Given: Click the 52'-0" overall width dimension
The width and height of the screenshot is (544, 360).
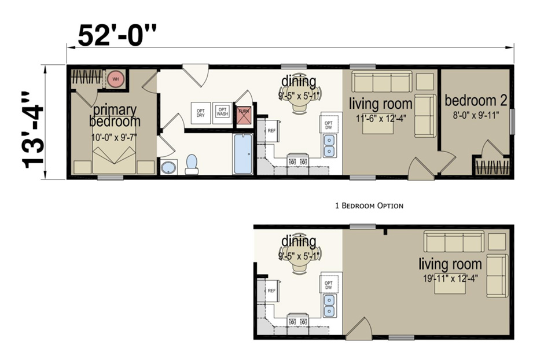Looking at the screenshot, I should click(119, 36).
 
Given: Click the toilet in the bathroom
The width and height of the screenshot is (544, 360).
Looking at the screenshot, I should click(192, 164).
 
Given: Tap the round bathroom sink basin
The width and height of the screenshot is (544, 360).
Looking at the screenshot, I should click(168, 168).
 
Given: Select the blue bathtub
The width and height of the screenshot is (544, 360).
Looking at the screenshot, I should click(242, 154).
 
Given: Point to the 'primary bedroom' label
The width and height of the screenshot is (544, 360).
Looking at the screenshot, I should click(114, 115).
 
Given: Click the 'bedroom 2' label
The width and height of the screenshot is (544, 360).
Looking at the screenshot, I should click(476, 100).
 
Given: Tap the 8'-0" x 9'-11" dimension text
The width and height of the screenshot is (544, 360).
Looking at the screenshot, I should click(476, 115).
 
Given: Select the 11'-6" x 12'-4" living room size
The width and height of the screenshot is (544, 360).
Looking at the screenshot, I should click(380, 118).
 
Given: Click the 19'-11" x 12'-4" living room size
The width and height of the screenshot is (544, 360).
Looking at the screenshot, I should click(450, 278).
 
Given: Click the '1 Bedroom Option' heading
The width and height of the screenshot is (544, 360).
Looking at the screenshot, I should click(369, 205).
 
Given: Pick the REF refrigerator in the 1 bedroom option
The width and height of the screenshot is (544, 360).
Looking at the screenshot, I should click(271, 291).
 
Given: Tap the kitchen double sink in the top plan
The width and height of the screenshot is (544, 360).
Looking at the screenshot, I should click(329, 145).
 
